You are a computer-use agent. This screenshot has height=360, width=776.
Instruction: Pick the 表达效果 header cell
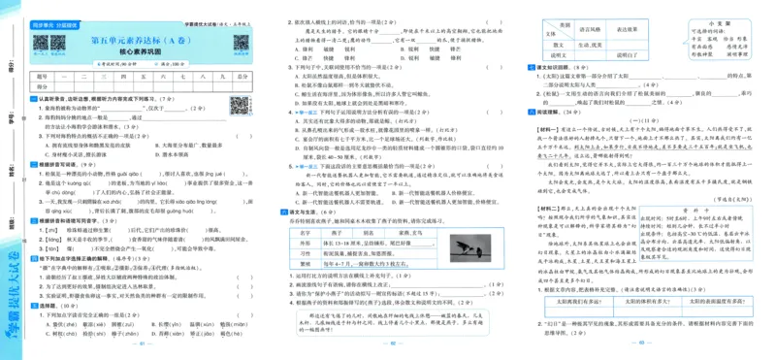coord(626,31)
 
